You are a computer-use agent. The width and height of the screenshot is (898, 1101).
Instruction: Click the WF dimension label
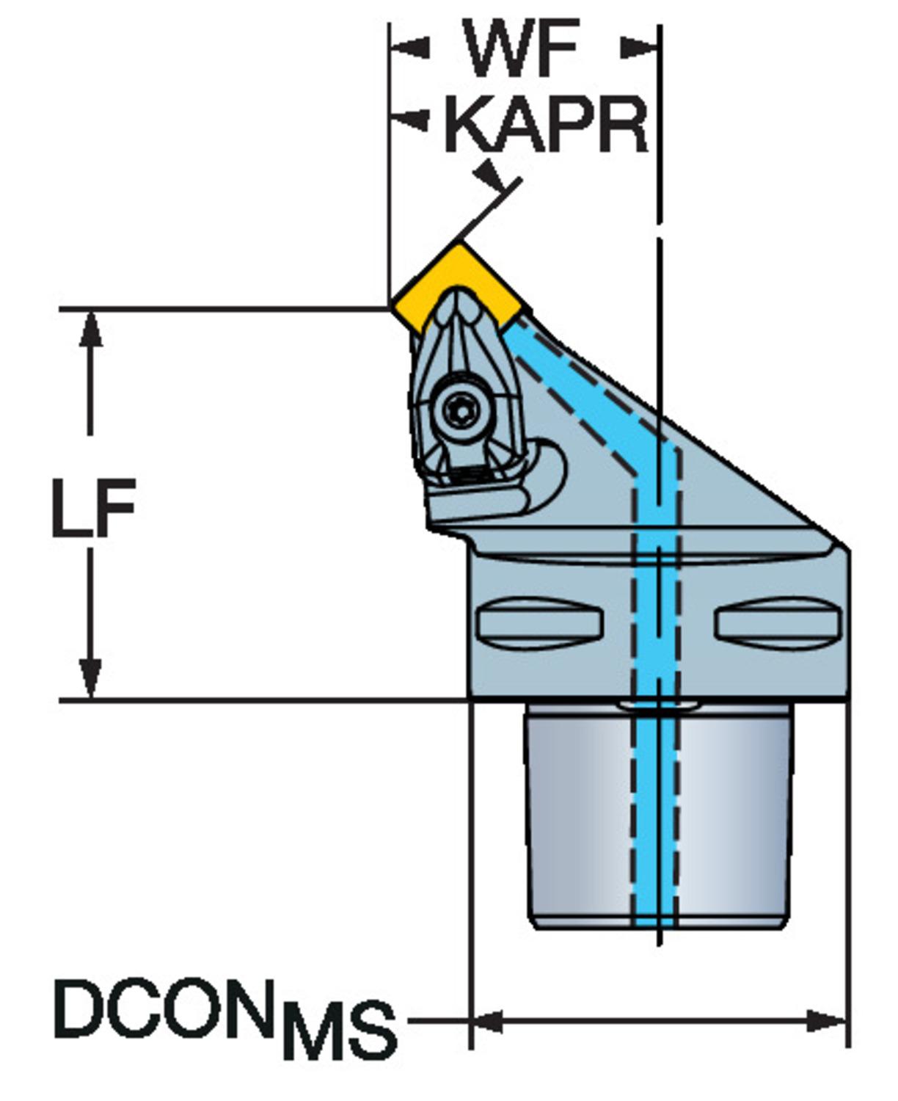pyautogui.click(x=523, y=50)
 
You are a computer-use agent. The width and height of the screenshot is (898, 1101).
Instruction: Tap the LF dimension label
pyautogui.click(x=93, y=506)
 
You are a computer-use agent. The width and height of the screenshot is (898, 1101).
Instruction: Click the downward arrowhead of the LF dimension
pyautogui.click(x=90, y=679)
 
